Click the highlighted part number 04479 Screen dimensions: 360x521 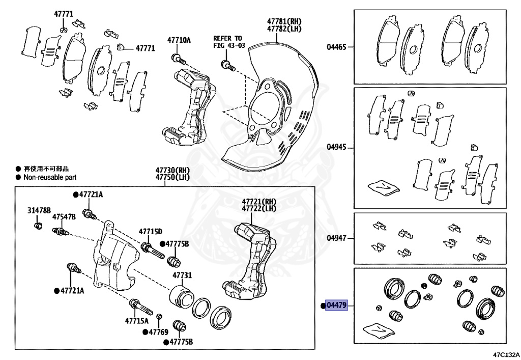336,306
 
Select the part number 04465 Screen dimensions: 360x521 336,47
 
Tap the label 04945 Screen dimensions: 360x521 336,147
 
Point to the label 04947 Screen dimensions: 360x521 336,237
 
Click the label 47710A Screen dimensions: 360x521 179,40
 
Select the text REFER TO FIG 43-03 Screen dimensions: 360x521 228,42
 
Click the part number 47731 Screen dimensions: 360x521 182,275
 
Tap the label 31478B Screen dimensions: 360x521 39,210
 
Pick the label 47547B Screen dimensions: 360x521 64,217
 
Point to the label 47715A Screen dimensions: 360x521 136,321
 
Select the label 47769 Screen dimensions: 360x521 158,332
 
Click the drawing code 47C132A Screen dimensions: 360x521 506,354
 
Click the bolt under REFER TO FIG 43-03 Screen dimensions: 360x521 226,65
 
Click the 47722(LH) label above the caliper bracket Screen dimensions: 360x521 258,209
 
